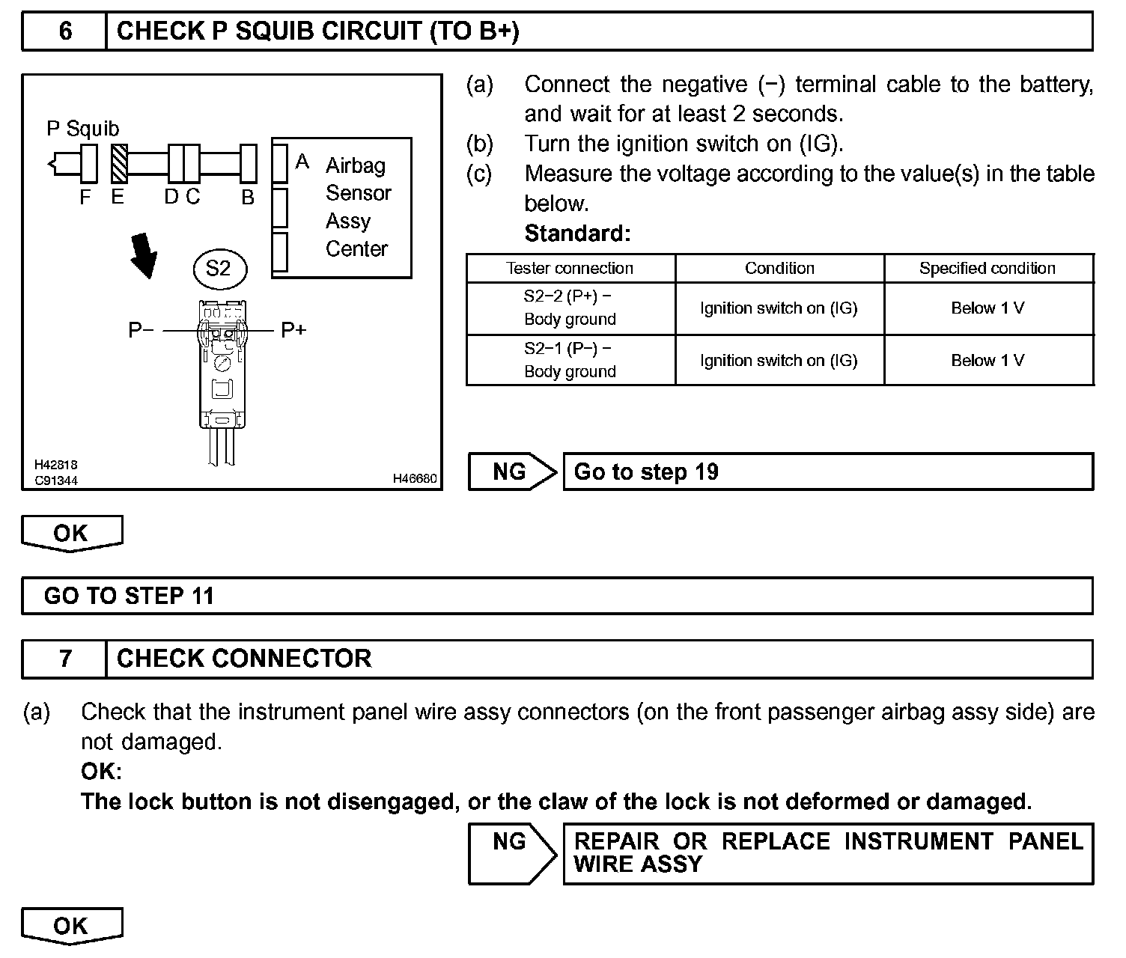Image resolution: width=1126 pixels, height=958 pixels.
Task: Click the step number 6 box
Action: click(x=65, y=31)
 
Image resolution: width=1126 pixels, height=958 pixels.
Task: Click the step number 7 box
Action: click(x=65, y=659)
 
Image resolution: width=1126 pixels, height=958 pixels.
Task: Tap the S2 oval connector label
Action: click(x=218, y=268)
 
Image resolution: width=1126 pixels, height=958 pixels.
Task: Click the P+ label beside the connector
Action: click(x=293, y=329)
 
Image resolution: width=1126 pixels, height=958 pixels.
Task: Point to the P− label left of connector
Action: click(x=141, y=329)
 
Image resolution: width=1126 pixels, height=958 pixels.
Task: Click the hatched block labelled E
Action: click(x=120, y=164)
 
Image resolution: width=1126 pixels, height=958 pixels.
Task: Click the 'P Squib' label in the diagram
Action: click(x=82, y=129)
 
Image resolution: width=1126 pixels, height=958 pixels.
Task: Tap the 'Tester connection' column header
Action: click(x=570, y=268)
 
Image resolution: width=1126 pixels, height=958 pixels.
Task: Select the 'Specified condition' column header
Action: click(x=987, y=268)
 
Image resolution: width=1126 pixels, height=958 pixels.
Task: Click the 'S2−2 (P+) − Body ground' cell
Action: click(x=570, y=308)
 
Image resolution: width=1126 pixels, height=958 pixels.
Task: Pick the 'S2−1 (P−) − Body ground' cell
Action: click(x=570, y=360)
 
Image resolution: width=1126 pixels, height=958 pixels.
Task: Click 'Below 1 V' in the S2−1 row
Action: click(x=987, y=360)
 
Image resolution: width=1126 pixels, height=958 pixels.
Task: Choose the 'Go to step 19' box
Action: click(x=827, y=472)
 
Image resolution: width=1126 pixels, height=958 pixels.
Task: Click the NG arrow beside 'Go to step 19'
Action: click(x=512, y=472)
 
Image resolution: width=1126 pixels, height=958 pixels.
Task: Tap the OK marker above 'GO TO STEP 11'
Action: click(x=71, y=533)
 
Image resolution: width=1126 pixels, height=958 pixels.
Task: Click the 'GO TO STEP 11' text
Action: click(x=129, y=596)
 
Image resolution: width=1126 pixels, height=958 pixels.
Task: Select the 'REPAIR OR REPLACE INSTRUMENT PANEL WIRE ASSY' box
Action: click(x=827, y=853)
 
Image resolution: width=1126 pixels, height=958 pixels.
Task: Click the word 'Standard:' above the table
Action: click(x=577, y=234)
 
